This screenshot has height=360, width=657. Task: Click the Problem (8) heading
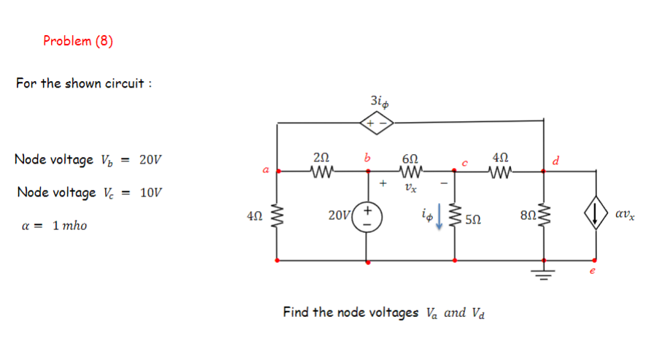[78, 41]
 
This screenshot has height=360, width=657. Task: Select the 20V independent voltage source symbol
[366, 218]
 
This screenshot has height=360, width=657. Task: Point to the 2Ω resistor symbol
[321, 172]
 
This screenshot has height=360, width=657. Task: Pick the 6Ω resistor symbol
[410, 172]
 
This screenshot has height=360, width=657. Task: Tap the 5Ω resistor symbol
[456, 217]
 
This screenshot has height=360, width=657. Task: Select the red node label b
[367, 157]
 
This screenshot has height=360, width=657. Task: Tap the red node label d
[556, 160]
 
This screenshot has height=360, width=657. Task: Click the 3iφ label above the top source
[377, 100]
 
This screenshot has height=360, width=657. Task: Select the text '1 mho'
[69, 226]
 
